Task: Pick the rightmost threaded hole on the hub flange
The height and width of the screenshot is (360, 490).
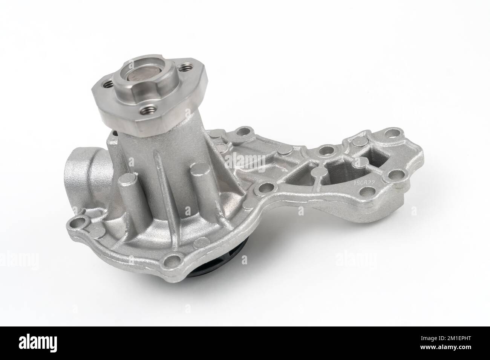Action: pos(185,68)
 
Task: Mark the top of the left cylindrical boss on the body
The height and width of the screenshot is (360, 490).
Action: pos(126,185)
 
